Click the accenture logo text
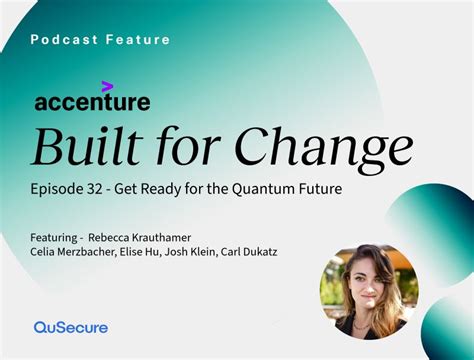(x=92, y=101)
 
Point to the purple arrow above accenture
(x=107, y=86)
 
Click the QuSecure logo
(x=70, y=327)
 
